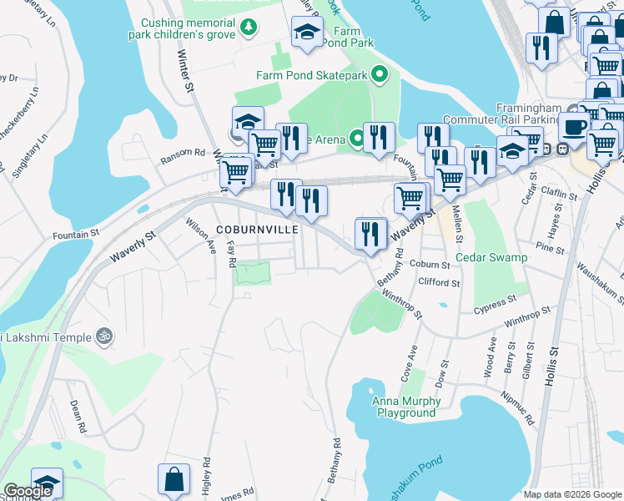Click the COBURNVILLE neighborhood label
coord(257,229)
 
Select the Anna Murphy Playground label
coord(406,407)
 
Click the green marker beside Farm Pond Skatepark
coord(380,76)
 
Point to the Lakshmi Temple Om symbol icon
coord(104,337)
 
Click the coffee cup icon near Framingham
coord(573,127)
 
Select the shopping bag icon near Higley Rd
coord(174,480)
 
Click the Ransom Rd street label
coord(183,153)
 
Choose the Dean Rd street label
coord(78,415)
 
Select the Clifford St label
coord(440,283)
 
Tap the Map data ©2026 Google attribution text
coord(571,494)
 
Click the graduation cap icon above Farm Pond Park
coord(307,33)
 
